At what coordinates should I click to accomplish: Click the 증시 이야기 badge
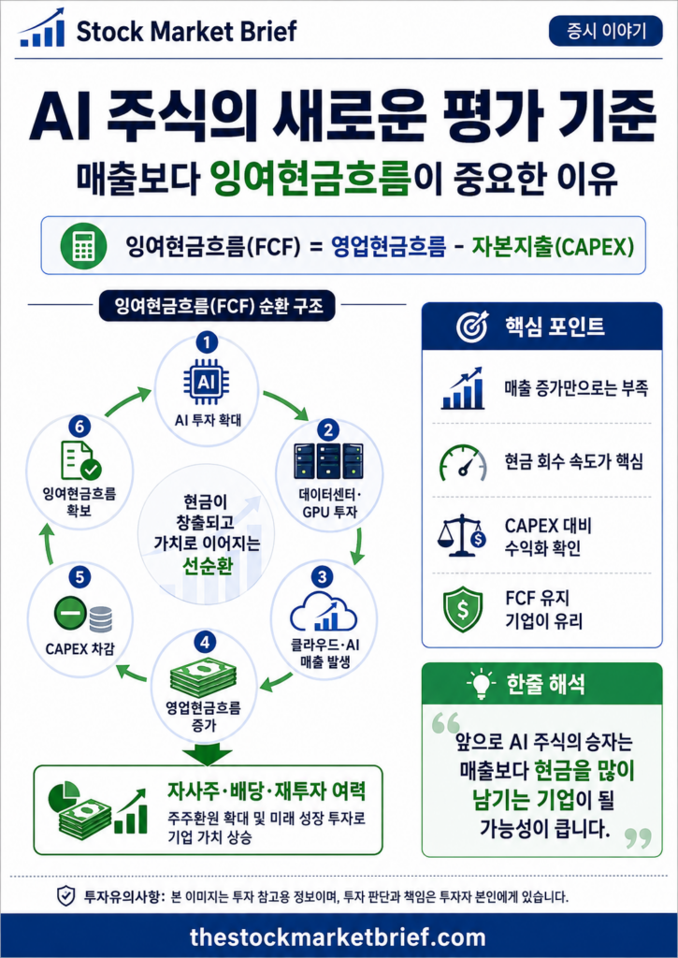605,31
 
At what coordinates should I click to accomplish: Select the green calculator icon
83,245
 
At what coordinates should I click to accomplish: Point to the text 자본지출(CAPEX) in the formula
553,246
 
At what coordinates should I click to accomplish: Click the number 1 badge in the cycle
207,342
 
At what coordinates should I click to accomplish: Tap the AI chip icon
206,383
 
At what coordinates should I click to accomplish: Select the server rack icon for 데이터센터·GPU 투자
328,460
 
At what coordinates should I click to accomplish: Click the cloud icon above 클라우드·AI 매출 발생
324,610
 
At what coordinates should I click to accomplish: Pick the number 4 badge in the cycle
205,642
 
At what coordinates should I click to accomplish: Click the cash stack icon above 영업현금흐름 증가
204,678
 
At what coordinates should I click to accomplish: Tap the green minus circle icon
69,614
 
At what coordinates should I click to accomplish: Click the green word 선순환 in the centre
208,566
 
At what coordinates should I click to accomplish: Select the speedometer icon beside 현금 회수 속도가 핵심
464,462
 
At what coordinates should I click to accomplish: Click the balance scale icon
462,535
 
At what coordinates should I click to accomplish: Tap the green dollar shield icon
463,609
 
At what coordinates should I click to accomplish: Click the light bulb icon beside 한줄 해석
482,683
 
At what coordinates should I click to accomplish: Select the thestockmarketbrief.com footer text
338,937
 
